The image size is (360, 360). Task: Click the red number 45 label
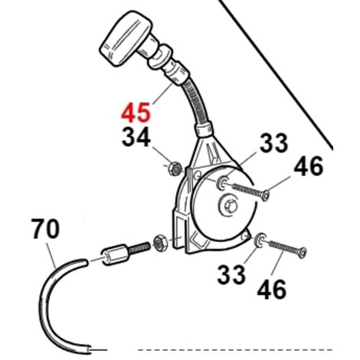(136, 112)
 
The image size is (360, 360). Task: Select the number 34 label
(136, 137)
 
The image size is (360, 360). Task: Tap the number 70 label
(45, 229)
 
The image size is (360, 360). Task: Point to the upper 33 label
(273, 143)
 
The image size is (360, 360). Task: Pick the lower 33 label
(231, 275)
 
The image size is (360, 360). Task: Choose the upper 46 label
(309, 166)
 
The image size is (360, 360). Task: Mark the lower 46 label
(272, 290)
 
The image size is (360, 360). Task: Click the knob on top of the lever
(126, 38)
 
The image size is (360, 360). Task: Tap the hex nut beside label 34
(175, 169)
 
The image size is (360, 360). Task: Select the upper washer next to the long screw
(221, 183)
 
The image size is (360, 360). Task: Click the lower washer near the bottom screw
(260, 240)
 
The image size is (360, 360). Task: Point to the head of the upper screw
(266, 195)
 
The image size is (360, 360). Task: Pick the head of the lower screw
(303, 252)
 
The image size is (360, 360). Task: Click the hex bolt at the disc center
(228, 205)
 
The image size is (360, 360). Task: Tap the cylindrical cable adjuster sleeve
(115, 254)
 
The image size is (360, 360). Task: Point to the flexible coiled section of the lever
(198, 102)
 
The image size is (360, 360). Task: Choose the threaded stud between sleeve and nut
(139, 247)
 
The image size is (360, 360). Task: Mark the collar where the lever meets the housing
(204, 129)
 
